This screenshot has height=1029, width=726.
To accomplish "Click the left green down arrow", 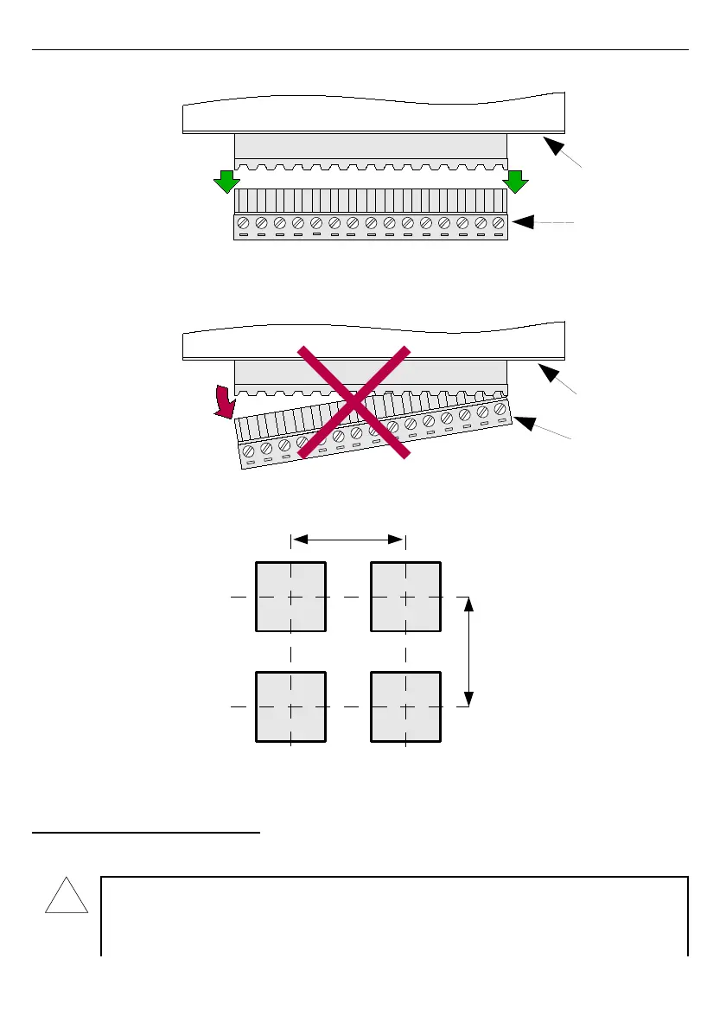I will [x=226, y=182].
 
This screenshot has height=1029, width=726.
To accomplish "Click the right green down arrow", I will [x=517, y=182].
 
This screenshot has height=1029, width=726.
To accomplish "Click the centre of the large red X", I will [x=353, y=401].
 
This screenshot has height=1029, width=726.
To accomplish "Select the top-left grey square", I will [x=291, y=597].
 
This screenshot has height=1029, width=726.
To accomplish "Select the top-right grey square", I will [x=405, y=597].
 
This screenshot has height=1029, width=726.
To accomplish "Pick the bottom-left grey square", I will [x=291, y=706].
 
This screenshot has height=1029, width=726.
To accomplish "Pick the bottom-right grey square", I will [x=405, y=706].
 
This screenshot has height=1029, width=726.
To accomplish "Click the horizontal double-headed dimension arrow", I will [x=348, y=540].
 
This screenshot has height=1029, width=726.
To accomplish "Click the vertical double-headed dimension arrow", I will [x=468, y=651].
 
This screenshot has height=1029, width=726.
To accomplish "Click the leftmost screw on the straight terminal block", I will [x=244, y=223].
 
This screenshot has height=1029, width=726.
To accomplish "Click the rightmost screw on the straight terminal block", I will [x=498, y=223].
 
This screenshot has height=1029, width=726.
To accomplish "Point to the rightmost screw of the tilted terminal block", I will [x=500, y=408].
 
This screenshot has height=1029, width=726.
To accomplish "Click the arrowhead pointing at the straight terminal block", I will [x=520, y=223].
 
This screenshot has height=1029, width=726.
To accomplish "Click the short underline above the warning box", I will [x=146, y=834].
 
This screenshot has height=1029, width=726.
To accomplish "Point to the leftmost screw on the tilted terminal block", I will [x=248, y=451].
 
